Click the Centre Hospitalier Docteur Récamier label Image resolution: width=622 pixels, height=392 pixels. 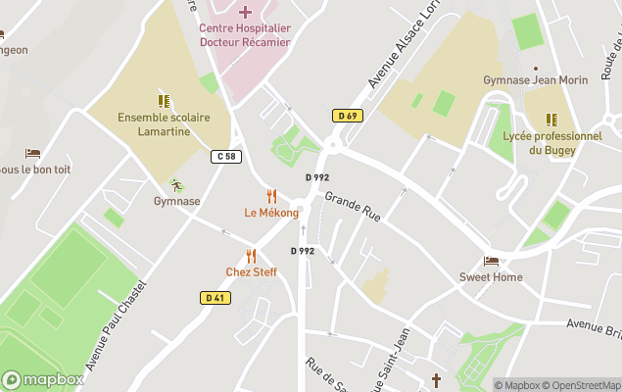(245, 34)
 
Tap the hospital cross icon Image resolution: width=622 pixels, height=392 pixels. (245, 12)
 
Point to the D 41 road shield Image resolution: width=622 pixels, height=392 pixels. (216, 297)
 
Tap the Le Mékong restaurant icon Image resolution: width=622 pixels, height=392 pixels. (271, 196)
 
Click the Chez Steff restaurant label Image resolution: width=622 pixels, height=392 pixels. (251, 271)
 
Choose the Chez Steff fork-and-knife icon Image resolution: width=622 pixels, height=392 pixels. (251, 256)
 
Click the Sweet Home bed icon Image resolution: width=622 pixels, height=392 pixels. (491, 261)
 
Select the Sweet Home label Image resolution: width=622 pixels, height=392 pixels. (491, 277)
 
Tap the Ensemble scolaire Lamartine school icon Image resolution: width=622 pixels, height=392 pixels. (164, 100)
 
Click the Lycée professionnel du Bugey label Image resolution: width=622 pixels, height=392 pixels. (551, 143)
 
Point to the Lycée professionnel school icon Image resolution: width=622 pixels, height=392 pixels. (551, 120)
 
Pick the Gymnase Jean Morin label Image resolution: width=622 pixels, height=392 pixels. (536, 79)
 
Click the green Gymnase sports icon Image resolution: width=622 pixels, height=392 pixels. (176, 184)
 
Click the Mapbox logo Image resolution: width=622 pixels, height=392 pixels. (43, 379)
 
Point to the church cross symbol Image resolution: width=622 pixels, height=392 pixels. (437, 379)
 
